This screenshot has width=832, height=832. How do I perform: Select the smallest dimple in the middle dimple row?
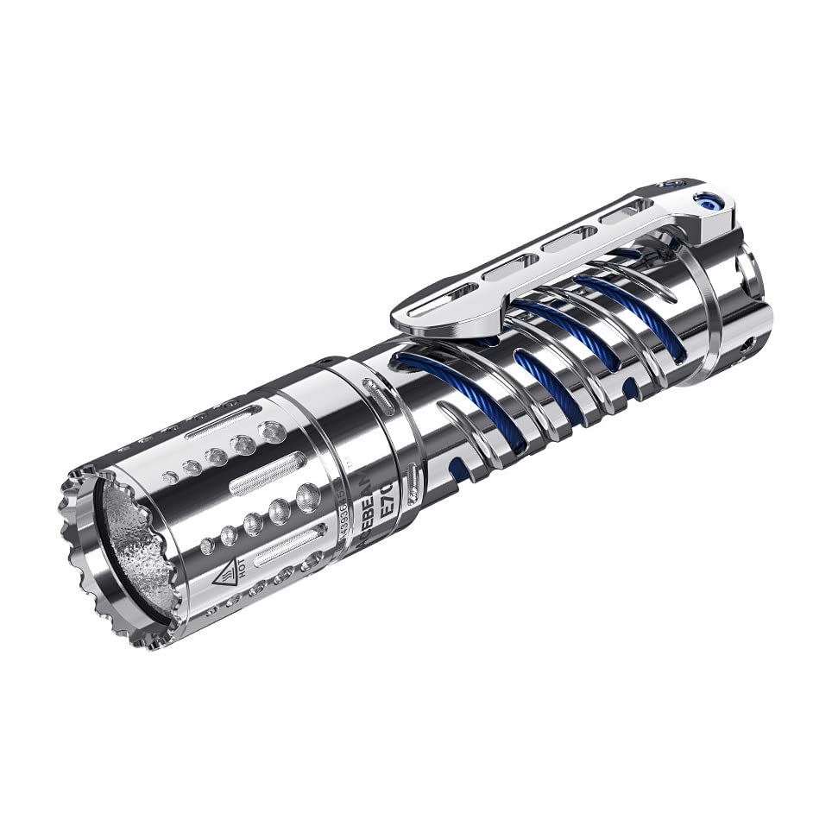click(x=207, y=545)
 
